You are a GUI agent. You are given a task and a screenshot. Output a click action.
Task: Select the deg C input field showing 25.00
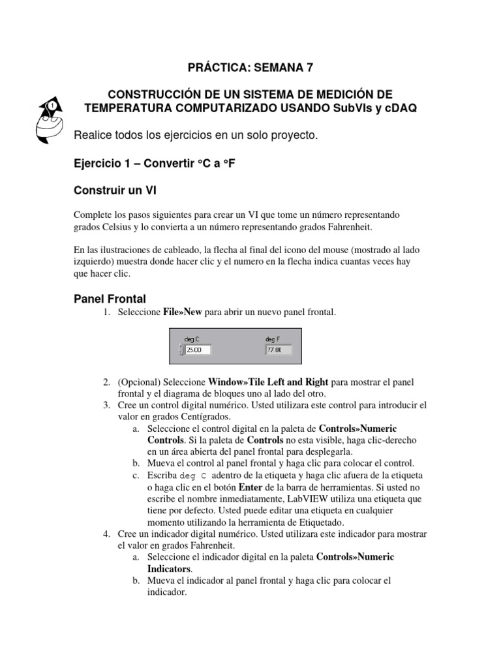198,350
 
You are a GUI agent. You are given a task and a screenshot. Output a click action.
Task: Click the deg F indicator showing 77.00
278,350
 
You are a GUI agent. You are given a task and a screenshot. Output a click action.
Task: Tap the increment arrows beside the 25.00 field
181,350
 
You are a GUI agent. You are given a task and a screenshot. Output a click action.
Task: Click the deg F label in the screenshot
273,339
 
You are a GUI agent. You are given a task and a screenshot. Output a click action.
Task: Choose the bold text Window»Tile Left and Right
268,382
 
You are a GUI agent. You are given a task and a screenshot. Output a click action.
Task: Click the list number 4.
106,534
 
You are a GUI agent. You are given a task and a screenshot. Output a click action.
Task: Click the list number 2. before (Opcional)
106,382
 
